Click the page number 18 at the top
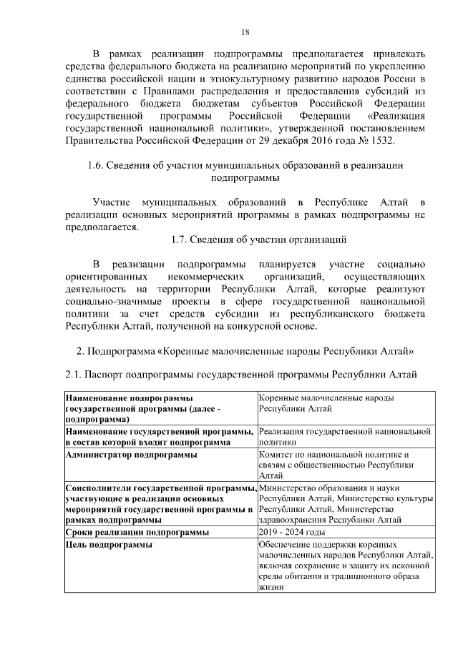pyautogui.click(x=245, y=32)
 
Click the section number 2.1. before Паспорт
pyautogui.click(x=74, y=375)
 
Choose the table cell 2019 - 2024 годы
pyautogui.click(x=292, y=533)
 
